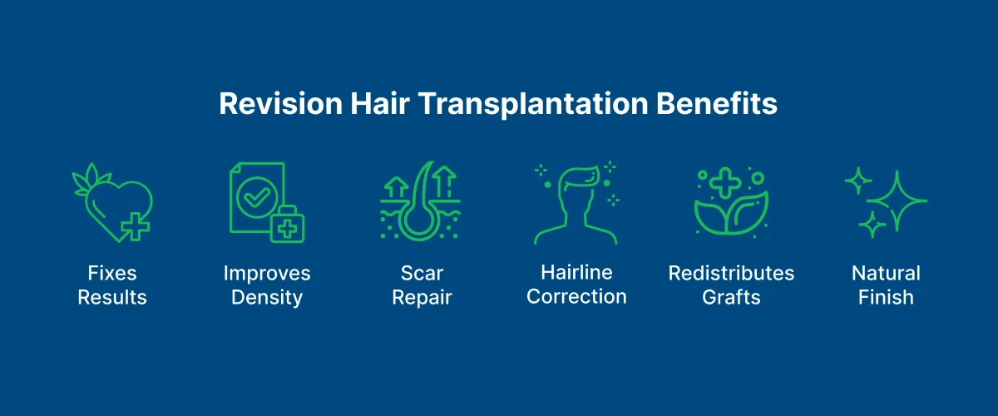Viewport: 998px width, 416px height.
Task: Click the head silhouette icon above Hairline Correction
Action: pyautogui.click(x=576, y=203)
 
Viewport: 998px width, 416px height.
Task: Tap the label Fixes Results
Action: pyautogui.click(x=112, y=285)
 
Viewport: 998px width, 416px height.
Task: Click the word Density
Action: pyautogui.click(x=267, y=297)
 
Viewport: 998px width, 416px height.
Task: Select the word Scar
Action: pyautogui.click(x=422, y=273)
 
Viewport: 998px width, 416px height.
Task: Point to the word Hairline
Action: pyautogui.click(x=576, y=272)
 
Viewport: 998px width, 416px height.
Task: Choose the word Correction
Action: pyautogui.click(x=576, y=296)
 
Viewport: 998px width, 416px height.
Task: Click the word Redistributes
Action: pyautogui.click(x=731, y=273)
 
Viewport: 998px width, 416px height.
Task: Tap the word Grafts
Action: pyautogui.click(x=731, y=297)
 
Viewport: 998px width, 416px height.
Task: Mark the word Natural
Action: pyautogui.click(x=886, y=273)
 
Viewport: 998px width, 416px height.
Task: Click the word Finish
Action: pyautogui.click(x=886, y=297)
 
